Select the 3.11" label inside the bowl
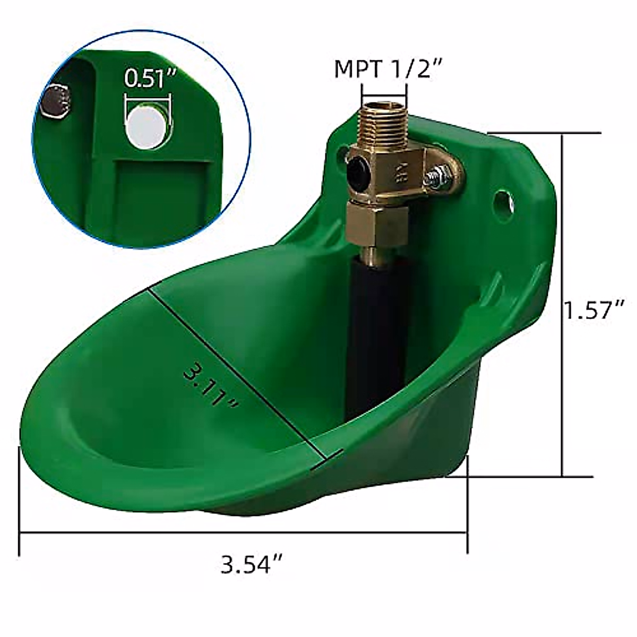(210, 387)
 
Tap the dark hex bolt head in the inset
(56, 101)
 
